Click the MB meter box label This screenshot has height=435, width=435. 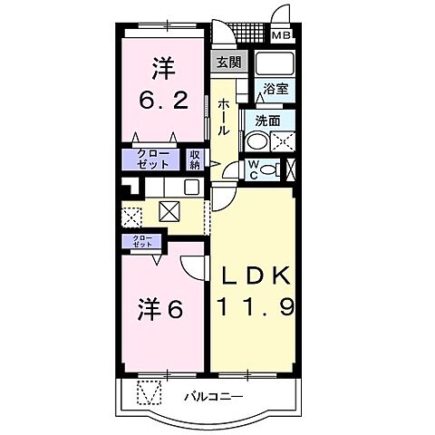[x=283, y=36]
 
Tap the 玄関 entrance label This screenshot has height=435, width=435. [x=228, y=63]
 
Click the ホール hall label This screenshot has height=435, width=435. [x=224, y=118]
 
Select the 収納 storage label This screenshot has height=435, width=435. [x=195, y=159]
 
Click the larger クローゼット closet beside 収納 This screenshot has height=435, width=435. [x=152, y=159]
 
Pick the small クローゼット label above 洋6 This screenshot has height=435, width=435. [x=142, y=242]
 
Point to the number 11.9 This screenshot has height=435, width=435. [x=253, y=308]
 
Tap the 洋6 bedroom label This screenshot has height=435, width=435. [x=161, y=310]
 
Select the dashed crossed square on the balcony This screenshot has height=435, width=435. [x=149, y=394]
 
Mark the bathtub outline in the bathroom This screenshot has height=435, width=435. [x=275, y=65]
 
